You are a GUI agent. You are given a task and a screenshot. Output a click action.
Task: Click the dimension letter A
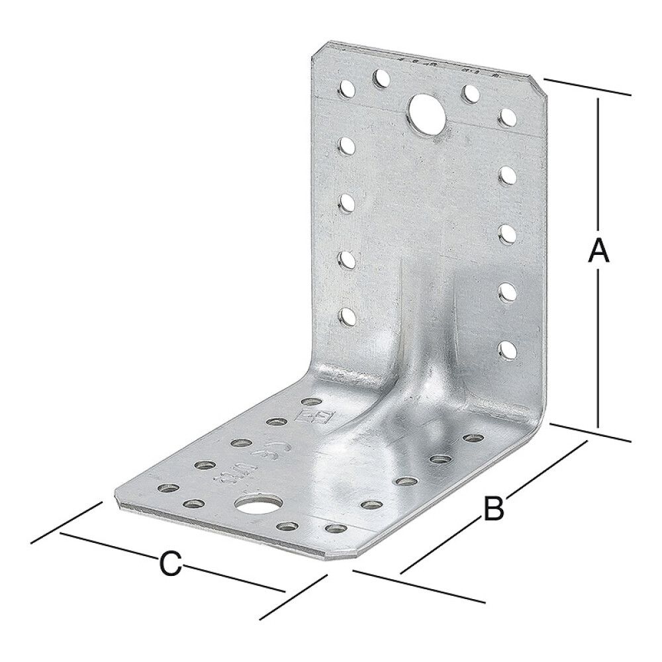tap(598, 251)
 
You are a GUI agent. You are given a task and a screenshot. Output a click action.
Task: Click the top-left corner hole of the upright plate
tap(346, 87)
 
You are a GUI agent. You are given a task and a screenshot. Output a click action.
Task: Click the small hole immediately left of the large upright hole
tap(381, 81)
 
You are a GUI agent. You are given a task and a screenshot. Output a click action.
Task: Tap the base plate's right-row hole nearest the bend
tap(472, 438)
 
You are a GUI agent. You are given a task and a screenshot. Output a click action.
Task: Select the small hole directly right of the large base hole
tap(286, 526)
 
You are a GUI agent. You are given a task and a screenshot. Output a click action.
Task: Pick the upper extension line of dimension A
tap(586, 87)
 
